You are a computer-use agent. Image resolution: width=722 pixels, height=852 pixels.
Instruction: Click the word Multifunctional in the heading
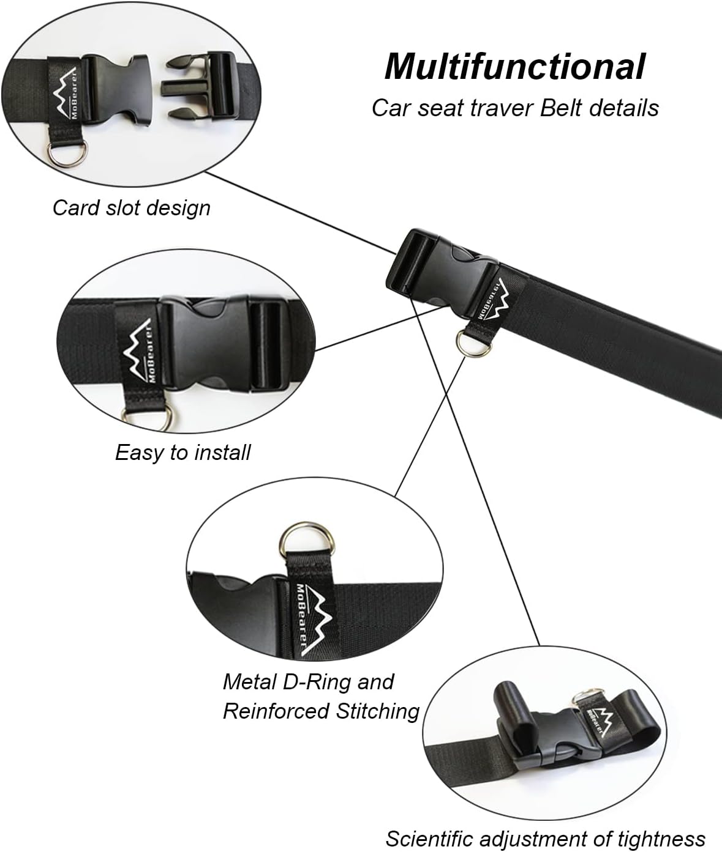(514, 67)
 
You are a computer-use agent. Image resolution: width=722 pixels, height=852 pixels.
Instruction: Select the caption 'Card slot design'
(132, 208)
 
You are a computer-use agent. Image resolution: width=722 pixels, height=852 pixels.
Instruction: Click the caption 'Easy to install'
(183, 453)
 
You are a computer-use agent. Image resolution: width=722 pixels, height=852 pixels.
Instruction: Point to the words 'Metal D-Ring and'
(308, 681)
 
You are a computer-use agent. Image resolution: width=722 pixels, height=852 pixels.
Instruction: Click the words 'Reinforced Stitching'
(321, 711)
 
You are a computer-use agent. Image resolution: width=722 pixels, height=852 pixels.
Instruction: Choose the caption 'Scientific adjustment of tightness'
(545, 839)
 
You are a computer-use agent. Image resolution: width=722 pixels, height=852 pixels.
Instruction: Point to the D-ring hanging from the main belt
(471, 340)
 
